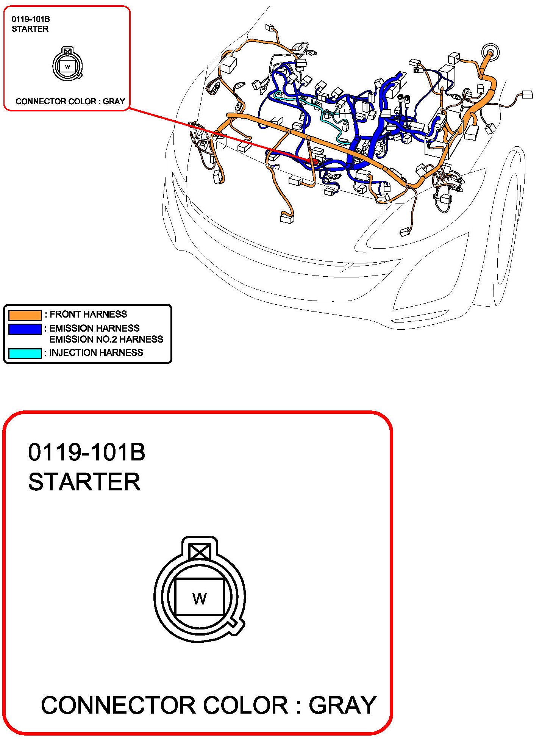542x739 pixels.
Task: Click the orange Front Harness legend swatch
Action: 25,315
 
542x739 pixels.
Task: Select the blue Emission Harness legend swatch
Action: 25,329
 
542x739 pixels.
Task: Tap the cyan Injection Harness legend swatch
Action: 25,353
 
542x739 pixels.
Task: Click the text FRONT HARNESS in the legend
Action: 88,314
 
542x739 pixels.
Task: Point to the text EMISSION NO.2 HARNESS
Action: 106,339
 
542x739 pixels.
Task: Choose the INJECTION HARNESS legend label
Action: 96,352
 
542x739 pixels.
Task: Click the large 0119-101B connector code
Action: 87,452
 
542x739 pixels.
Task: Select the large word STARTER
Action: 84,482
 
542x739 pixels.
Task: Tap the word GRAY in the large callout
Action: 342,705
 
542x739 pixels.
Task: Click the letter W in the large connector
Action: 200,599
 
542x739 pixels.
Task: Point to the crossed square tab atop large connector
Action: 200,552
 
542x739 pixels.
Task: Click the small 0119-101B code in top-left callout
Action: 31,19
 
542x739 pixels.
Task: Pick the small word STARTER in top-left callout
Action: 30,29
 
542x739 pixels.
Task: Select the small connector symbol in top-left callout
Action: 67,64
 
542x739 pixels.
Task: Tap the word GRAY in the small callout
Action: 114,101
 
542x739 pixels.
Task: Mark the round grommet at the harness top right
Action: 490,52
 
